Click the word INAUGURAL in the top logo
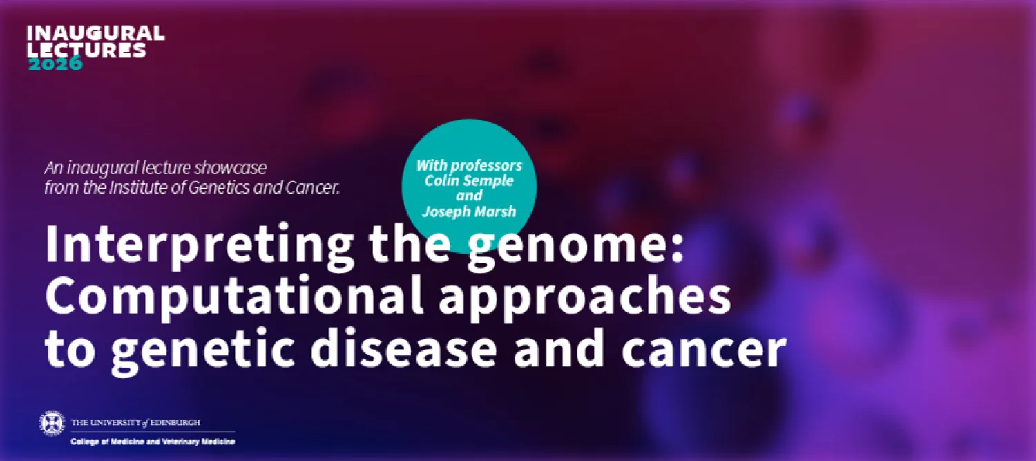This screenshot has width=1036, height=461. [95, 33]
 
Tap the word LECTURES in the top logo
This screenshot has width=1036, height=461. [87, 50]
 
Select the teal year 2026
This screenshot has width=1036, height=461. [55, 64]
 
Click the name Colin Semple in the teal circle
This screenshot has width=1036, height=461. [469, 181]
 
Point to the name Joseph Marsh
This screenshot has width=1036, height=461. [470, 211]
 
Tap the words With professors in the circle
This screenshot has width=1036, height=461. [469, 166]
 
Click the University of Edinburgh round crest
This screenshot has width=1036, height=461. [52, 422]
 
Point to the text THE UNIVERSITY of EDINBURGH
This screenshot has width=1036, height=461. [136, 422]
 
